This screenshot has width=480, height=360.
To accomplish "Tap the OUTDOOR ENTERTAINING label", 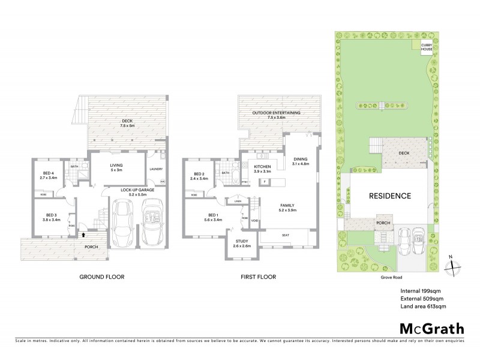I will tap(277, 115).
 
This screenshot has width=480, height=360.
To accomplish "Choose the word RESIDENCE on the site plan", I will tap(389, 196).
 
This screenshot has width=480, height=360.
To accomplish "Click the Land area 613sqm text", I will tap(423, 306).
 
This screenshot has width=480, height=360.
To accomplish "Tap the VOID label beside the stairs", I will tap(255, 221).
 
